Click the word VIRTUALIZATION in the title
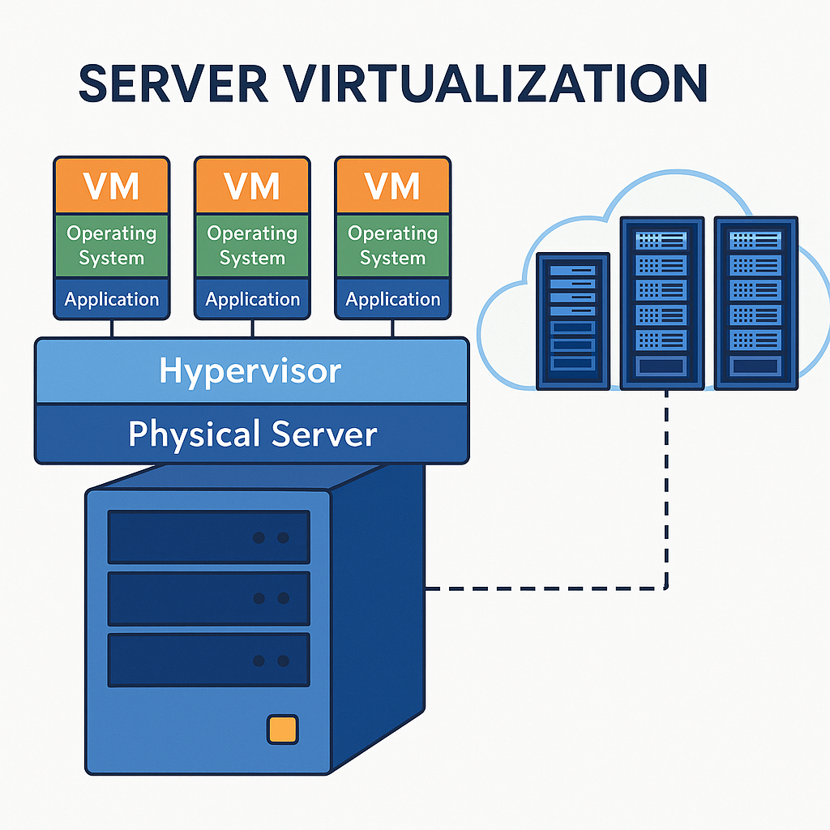tap(499, 83)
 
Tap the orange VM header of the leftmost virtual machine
tap(112, 186)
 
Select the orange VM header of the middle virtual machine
tap(252, 186)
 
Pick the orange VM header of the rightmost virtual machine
tap(393, 186)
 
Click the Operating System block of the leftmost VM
tap(112, 246)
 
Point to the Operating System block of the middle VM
tap(252, 246)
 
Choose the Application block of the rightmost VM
tap(393, 299)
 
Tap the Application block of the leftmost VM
tap(112, 299)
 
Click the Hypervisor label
tap(250, 370)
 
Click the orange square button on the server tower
tap(281, 729)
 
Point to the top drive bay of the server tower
tap(209, 537)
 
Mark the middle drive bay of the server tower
tap(209, 598)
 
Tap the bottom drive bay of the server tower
tap(209, 660)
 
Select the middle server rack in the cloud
tap(661, 302)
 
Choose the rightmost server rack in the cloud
tap(755, 302)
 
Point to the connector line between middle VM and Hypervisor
tap(253, 328)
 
